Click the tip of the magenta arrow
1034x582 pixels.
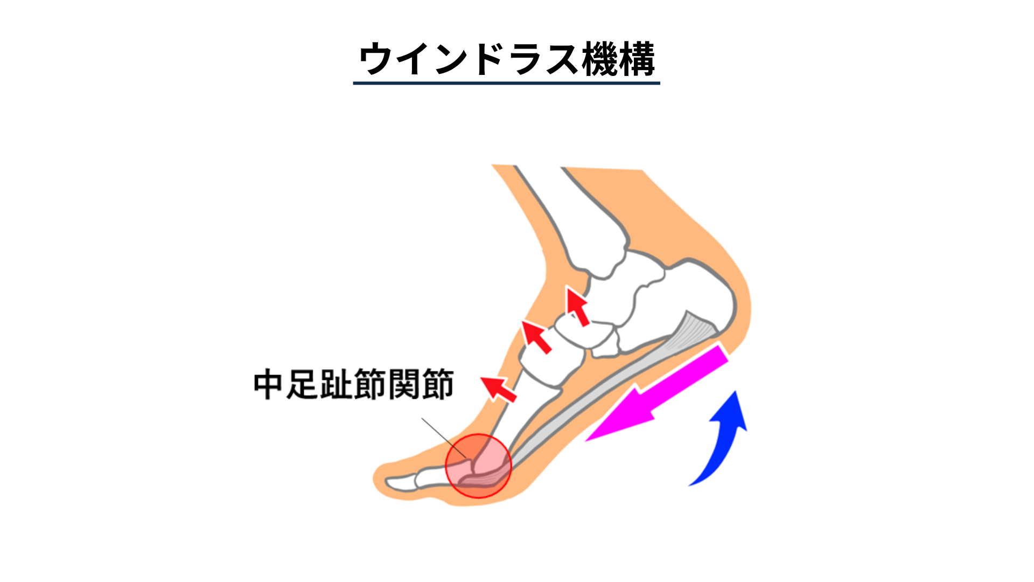click(x=585, y=441)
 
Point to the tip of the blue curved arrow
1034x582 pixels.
click(x=736, y=392)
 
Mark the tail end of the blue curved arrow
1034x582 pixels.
click(x=689, y=486)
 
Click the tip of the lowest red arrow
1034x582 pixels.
click(x=481, y=378)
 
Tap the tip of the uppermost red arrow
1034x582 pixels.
click(x=567, y=288)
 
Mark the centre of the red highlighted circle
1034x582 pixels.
click(x=478, y=466)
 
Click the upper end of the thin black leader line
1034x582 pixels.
click(x=422, y=418)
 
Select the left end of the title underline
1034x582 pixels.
click(x=353, y=83)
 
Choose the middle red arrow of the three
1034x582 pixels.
click(x=536, y=337)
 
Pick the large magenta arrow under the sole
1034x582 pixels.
click(x=657, y=393)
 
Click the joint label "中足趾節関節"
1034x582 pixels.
click(x=354, y=385)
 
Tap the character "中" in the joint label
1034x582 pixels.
click(x=269, y=385)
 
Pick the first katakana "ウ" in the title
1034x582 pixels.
click(x=375, y=59)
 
